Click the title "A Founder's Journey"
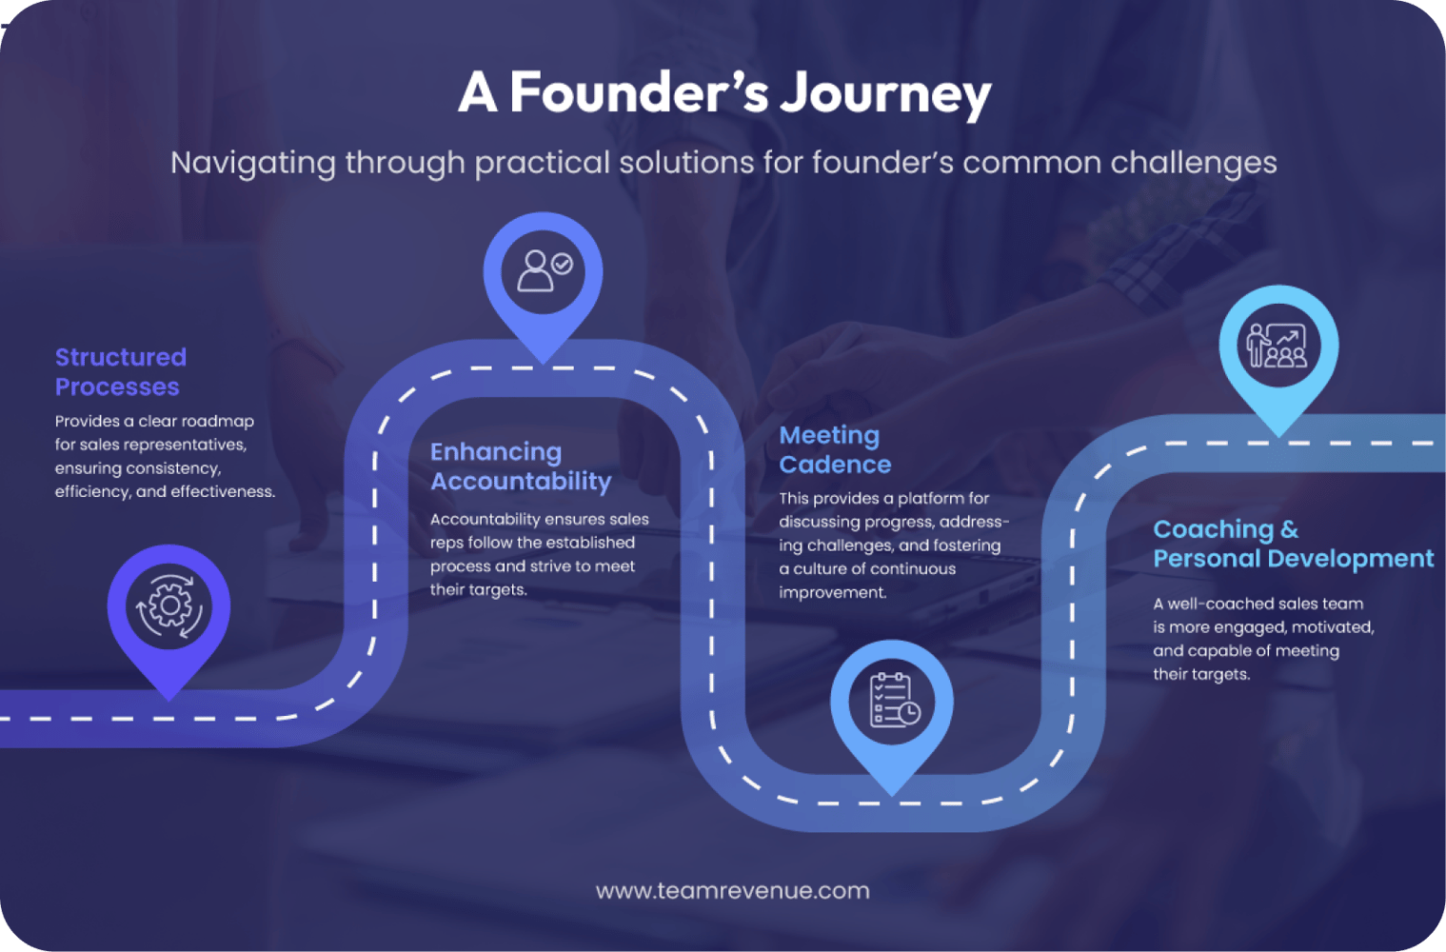pyautogui.click(x=723, y=92)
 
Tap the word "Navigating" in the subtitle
pyautogui.click(x=252, y=163)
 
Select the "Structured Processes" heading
pyautogui.click(x=121, y=371)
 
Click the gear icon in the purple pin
pyautogui.click(x=168, y=605)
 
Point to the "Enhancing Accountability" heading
pyautogui.click(x=520, y=466)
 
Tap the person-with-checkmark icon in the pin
pyautogui.click(x=544, y=270)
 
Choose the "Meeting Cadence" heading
pyautogui.click(x=835, y=449)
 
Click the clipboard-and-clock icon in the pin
pyautogui.click(x=893, y=700)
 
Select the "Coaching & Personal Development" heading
pyautogui.click(x=1293, y=544)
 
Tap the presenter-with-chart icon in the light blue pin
pyautogui.click(x=1278, y=345)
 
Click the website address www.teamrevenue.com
pyautogui.click(x=732, y=891)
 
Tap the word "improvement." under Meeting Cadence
pyautogui.click(x=832, y=592)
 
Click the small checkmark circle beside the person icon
pyautogui.click(x=563, y=264)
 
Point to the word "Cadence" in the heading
pyautogui.click(x=835, y=465)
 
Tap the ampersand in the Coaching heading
pyautogui.click(x=1289, y=529)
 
